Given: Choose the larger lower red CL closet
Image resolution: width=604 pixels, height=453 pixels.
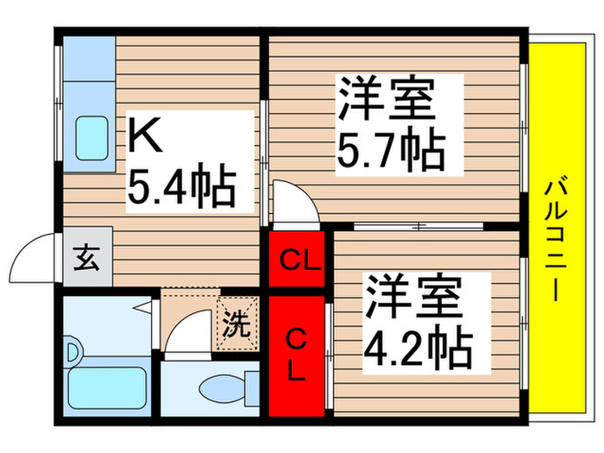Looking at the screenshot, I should point(296,354).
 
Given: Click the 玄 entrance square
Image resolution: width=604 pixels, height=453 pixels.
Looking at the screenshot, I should point(86,258).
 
